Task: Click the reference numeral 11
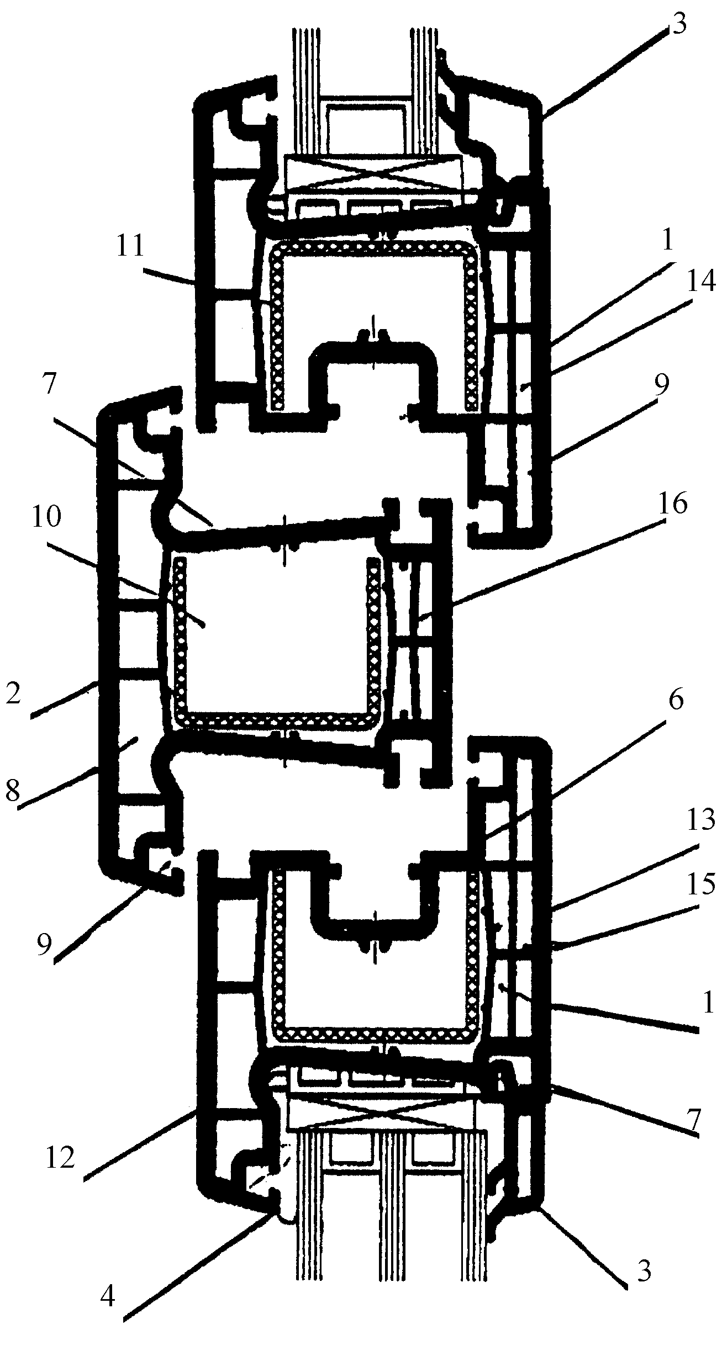pos(131,246)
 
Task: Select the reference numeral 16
pos(672,505)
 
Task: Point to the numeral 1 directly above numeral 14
pos(667,240)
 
